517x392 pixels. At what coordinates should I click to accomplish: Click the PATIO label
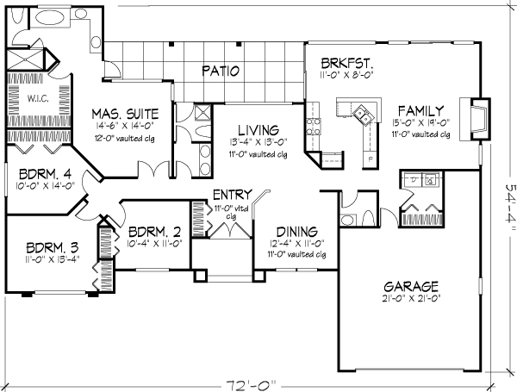click(221, 71)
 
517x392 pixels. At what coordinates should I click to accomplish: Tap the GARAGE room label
click(411, 287)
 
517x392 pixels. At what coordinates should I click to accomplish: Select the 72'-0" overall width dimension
click(251, 385)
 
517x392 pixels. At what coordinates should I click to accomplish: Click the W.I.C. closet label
click(38, 98)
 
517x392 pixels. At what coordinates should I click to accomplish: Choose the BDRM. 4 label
click(45, 174)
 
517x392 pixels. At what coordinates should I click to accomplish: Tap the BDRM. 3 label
click(52, 247)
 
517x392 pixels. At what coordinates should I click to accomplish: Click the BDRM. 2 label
click(154, 232)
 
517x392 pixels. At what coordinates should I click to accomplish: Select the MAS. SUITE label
click(125, 114)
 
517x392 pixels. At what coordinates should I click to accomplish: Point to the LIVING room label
click(258, 130)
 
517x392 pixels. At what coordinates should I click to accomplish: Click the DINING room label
click(296, 232)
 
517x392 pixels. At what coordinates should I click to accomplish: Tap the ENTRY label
click(233, 195)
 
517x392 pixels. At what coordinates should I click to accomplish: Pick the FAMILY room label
click(420, 111)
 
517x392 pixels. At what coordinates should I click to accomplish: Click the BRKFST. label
click(347, 63)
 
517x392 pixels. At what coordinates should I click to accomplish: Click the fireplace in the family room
click(475, 119)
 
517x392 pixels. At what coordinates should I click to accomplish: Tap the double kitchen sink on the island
click(363, 114)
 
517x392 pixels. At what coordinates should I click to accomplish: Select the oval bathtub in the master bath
click(49, 17)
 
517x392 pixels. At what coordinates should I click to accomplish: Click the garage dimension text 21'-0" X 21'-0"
click(411, 298)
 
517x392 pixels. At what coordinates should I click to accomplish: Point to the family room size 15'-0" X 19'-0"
click(421, 122)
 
